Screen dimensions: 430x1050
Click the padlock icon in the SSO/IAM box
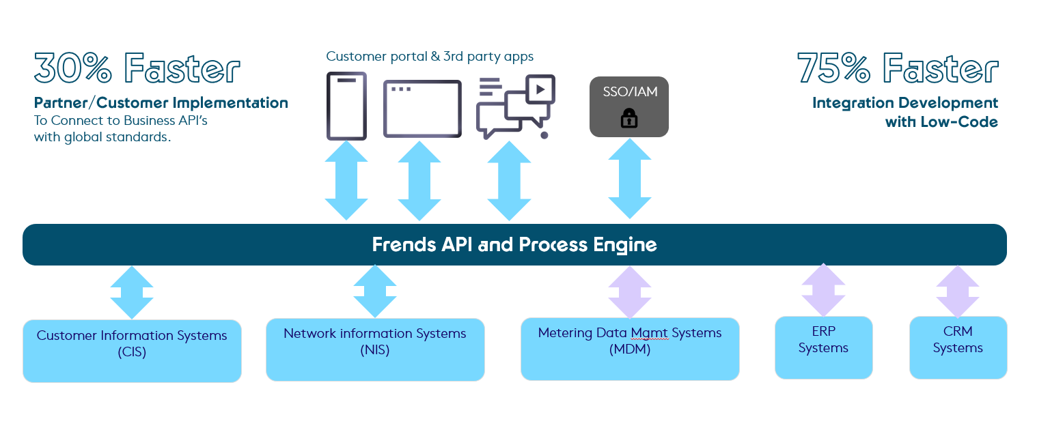pos(628,119)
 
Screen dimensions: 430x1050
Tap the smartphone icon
pos(346,106)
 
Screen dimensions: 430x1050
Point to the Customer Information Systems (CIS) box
pos(132,350)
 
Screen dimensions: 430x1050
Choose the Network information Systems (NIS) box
pos(375,349)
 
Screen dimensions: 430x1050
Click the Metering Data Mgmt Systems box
pos(630,348)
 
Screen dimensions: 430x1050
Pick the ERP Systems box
pos(823,347)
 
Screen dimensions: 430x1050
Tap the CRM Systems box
pos(958,347)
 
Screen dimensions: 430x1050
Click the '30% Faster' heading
pos(137,69)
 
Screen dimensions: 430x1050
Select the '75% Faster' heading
pos(898,69)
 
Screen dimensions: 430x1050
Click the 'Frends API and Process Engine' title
pos(514,244)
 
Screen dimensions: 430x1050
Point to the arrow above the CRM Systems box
pos(957,291)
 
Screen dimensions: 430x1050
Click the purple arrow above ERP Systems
pos(823,291)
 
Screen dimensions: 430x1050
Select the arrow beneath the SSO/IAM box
pos(629,179)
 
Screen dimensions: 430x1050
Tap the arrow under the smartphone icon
pos(346,180)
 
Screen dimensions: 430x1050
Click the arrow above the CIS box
pos(132,291)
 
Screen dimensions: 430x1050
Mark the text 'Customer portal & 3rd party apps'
pos(430,57)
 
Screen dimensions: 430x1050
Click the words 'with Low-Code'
pos(941,122)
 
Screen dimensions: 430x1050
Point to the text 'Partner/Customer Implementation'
pos(161,103)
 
